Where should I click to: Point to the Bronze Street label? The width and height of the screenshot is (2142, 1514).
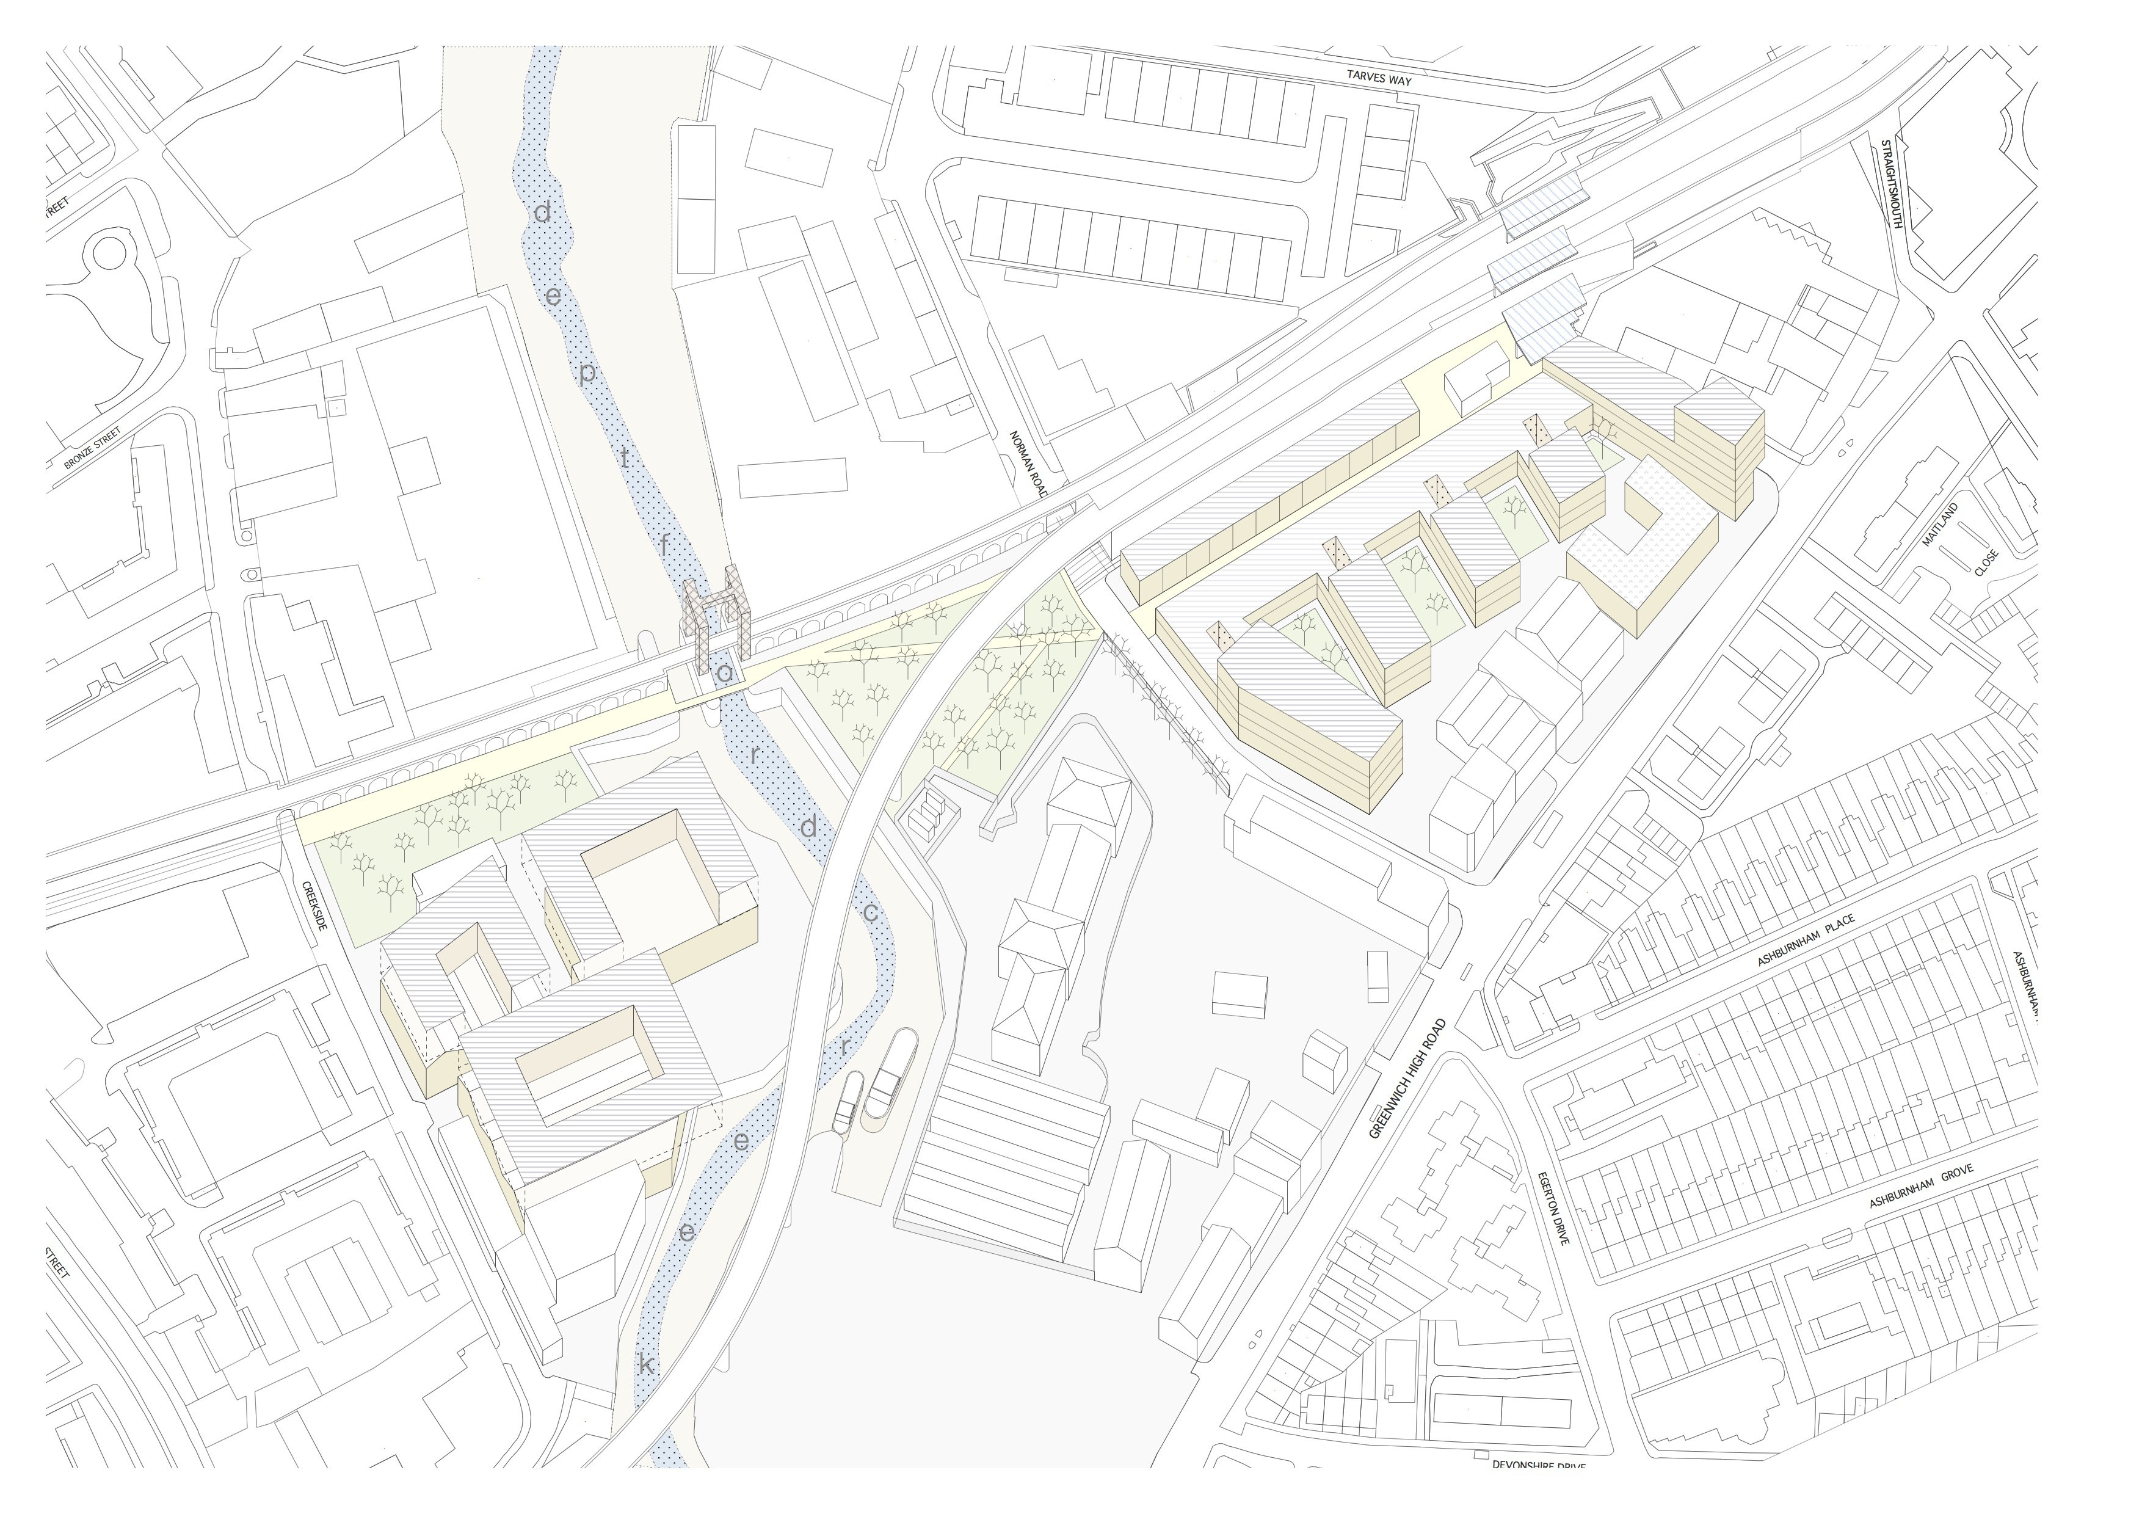[93, 448]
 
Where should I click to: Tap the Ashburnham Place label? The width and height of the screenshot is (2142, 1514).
[1805, 941]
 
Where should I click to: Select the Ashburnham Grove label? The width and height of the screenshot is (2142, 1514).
[1920, 1187]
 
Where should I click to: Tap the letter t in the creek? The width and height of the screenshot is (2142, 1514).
[625, 457]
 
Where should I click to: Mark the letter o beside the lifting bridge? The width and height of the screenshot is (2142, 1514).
[724, 672]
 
